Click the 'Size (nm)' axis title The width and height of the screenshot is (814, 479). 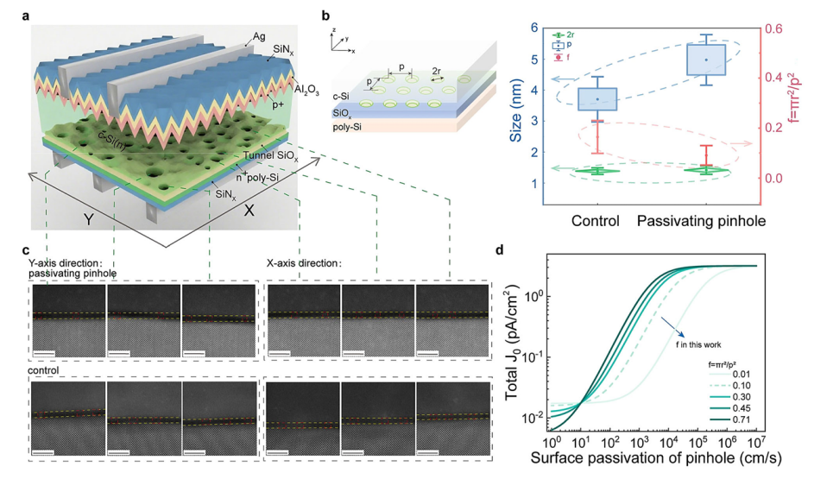pos(520,109)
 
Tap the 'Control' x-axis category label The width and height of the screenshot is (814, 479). pos(595,222)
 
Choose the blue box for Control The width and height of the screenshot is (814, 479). pos(596,99)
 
